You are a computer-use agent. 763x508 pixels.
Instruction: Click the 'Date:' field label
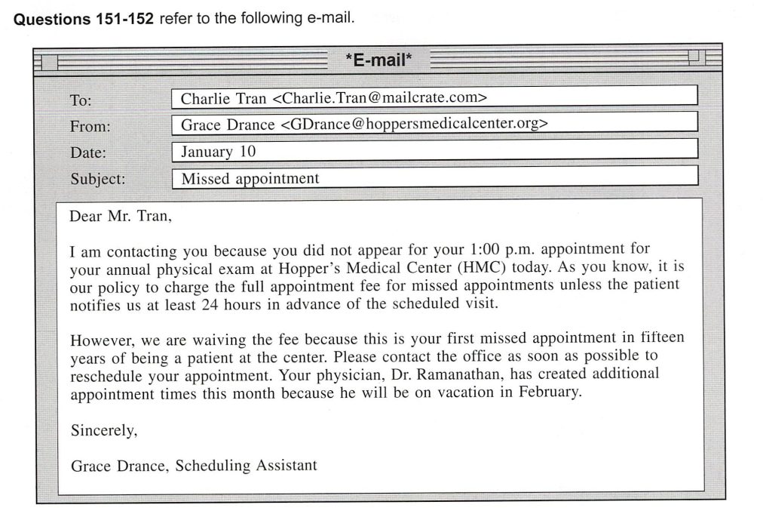[x=88, y=152]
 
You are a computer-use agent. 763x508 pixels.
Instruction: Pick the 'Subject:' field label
[x=98, y=179]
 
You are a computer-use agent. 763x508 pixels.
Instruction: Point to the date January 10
[x=218, y=152]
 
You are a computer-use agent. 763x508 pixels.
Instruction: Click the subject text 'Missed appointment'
[x=250, y=179]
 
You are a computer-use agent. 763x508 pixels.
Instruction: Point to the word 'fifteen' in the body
[x=660, y=338]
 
